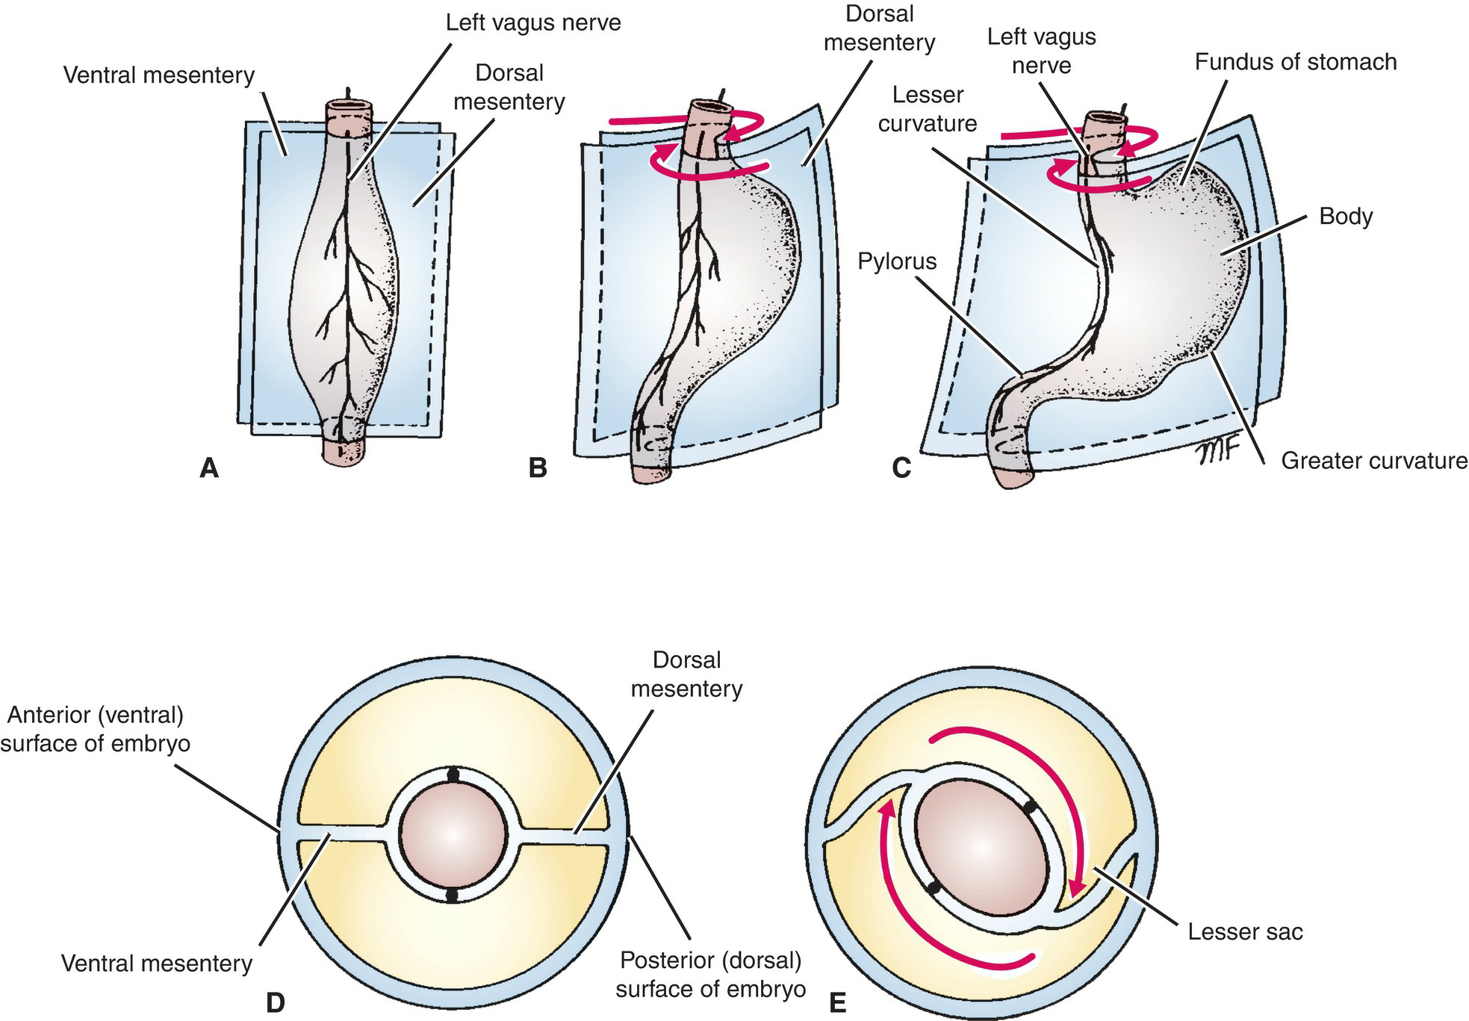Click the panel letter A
tap(209, 468)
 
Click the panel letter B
tap(537, 468)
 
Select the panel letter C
tap(901, 468)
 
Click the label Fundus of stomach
tap(1295, 62)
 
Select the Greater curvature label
tap(1374, 461)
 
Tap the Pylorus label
tap(897, 261)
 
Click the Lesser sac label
tap(1245, 931)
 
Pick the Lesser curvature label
tap(928, 109)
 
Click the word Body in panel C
tap(1346, 217)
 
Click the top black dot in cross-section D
tap(453, 775)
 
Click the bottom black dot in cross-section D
tap(452, 896)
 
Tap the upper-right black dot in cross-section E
tap(1030, 807)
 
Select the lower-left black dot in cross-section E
tap(933, 887)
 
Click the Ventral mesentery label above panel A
tap(159, 75)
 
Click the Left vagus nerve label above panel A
tap(533, 22)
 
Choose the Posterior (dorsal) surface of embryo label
tap(710, 973)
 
